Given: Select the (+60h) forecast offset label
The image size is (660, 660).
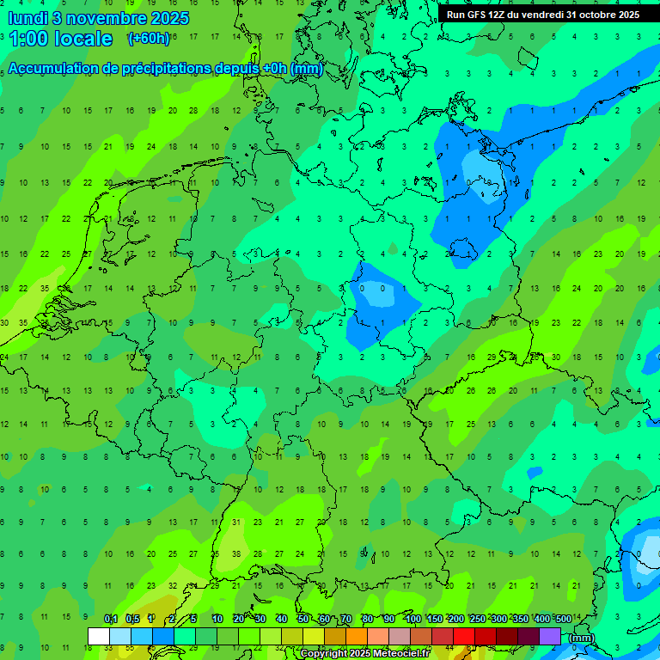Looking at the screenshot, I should point(148,39).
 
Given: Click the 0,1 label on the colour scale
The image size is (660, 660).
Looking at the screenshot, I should point(110,620).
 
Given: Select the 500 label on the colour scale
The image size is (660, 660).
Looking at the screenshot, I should point(563,620).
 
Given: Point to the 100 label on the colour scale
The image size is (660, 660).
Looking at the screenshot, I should point(412,620).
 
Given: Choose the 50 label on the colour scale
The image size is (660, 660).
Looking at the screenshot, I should point(303,620).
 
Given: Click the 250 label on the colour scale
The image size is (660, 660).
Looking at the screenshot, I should point(477,620).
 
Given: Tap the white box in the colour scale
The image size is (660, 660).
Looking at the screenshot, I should point(99,636).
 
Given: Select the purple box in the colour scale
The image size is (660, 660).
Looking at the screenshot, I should point(550,636).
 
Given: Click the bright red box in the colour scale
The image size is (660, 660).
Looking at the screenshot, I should point(464,636).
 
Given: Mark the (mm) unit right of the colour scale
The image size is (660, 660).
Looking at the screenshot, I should point(582,638).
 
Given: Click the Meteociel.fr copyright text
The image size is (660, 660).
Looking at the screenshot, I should point(365,654).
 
